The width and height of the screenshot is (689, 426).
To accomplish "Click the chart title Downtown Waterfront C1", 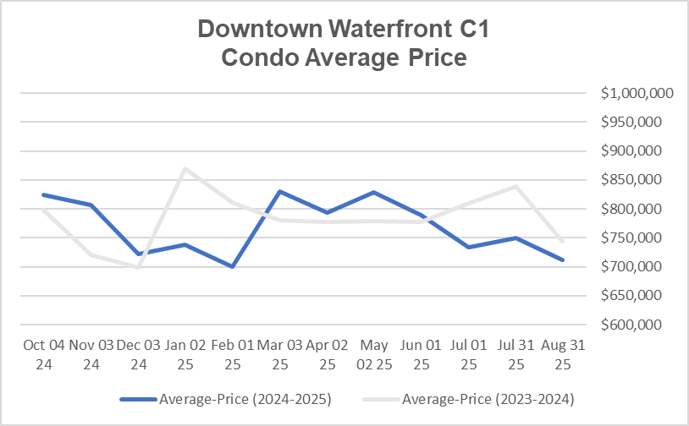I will [344, 30].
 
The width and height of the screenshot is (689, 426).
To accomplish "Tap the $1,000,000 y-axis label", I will [637, 93].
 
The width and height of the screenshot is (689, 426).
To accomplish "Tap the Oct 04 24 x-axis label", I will [43, 355].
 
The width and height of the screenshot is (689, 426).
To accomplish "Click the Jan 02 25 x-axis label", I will [185, 355].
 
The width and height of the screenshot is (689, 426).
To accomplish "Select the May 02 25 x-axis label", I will [373, 355].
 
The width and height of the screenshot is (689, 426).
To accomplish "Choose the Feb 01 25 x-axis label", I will [232, 355].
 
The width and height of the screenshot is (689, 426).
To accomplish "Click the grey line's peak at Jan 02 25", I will [185, 168].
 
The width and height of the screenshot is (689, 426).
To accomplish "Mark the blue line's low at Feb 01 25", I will [232, 266].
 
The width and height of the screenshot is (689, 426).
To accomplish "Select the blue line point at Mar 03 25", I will [279, 191].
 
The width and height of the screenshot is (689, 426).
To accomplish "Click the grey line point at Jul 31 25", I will [515, 186].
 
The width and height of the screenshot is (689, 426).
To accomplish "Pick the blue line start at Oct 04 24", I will [43, 194].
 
